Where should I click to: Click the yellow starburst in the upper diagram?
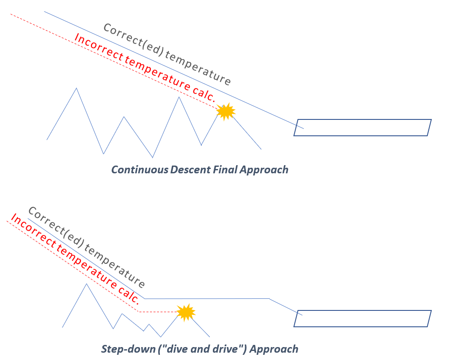pyautogui.click(x=226, y=112)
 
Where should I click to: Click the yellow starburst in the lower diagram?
pyautogui.click(x=186, y=312)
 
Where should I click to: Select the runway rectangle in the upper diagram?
pyautogui.click(x=362, y=128)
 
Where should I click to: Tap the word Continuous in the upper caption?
pyautogui.click(x=140, y=169)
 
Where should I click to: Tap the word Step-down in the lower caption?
pyautogui.click(x=128, y=349)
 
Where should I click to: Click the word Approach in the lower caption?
pyautogui.click(x=274, y=349)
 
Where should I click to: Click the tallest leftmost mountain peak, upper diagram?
pyautogui.click(x=76, y=88)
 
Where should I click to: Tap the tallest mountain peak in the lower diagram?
pyautogui.click(x=87, y=284)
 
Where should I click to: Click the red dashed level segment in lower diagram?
pyautogui.click(x=159, y=312)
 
